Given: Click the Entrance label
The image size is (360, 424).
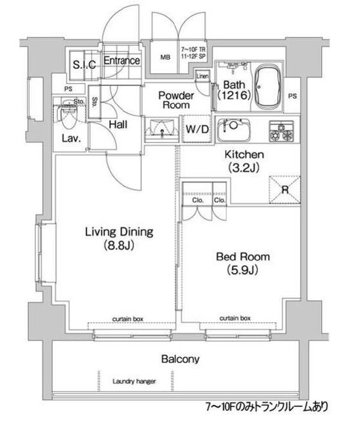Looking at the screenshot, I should [x=122, y=61].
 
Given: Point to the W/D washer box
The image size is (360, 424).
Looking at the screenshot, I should [x=196, y=129].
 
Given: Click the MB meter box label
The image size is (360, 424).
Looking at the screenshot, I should [x=164, y=57].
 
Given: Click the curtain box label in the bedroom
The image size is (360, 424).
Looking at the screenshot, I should [x=234, y=318].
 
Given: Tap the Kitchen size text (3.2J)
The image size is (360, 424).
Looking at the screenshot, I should [x=245, y=167].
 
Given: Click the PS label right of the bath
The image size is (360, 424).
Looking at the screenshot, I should [x=309, y=95].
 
